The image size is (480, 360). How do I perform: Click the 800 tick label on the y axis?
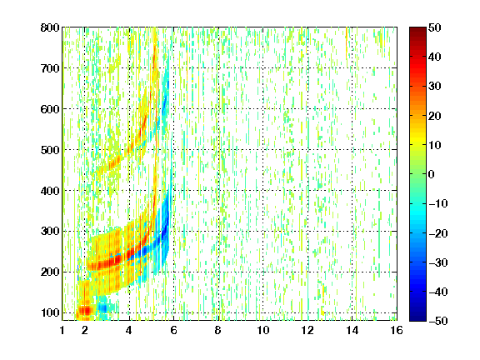[x=50, y=27]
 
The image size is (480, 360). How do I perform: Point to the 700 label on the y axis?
[x=50, y=68]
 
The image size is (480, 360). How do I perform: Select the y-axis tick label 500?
[x=50, y=150]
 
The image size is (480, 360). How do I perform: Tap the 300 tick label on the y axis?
[x=50, y=232]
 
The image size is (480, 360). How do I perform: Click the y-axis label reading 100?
[x=50, y=312]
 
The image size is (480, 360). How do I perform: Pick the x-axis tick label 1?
[x=62, y=330]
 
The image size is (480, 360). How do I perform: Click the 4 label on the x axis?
[x=129, y=330]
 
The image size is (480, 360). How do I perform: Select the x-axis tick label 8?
[x=217, y=330]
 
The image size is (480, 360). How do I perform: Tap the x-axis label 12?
[x=307, y=330]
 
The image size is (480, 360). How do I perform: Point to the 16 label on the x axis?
[x=397, y=330]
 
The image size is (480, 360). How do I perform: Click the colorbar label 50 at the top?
[x=435, y=27]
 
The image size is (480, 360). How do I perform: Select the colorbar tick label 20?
[x=435, y=116]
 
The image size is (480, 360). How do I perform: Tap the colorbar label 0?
[x=432, y=174]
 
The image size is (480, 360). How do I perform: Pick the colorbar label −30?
[x=438, y=262]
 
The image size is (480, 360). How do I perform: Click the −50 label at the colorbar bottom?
[x=438, y=321]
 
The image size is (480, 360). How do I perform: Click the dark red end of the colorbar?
[x=417, y=30]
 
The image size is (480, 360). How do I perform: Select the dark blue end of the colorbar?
[x=417, y=317]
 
